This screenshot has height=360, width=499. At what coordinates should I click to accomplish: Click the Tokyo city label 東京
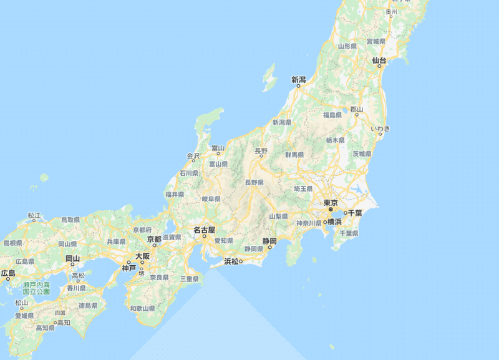click(x=330, y=203)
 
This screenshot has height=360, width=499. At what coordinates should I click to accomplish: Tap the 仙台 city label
click(x=379, y=61)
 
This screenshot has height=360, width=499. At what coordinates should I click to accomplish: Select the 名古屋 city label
click(x=204, y=230)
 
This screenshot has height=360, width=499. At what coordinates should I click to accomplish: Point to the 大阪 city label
click(x=142, y=256)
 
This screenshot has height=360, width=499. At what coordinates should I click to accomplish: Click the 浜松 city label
click(x=232, y=261)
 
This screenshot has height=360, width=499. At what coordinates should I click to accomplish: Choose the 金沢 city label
click(x=193, y=155)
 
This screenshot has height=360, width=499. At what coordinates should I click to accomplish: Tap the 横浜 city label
click(x=334, y=221)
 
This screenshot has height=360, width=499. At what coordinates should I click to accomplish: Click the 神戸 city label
click(x=128, y=268)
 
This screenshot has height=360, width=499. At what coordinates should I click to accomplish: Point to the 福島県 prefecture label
click(x=332, y=115)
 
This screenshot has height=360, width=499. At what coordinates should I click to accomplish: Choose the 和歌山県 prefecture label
click(x=142, y=308)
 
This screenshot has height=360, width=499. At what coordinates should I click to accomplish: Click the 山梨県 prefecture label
click(x=278, y=216)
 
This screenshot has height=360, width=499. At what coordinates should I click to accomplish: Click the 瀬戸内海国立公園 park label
click(x=36, y=288)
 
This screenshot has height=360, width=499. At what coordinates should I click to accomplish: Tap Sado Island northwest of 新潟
click(x=269, y=78)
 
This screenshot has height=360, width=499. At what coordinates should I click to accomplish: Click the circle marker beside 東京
click(x=331, y=210)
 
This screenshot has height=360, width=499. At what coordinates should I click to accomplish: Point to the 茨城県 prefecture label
click(x=362, y=153)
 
